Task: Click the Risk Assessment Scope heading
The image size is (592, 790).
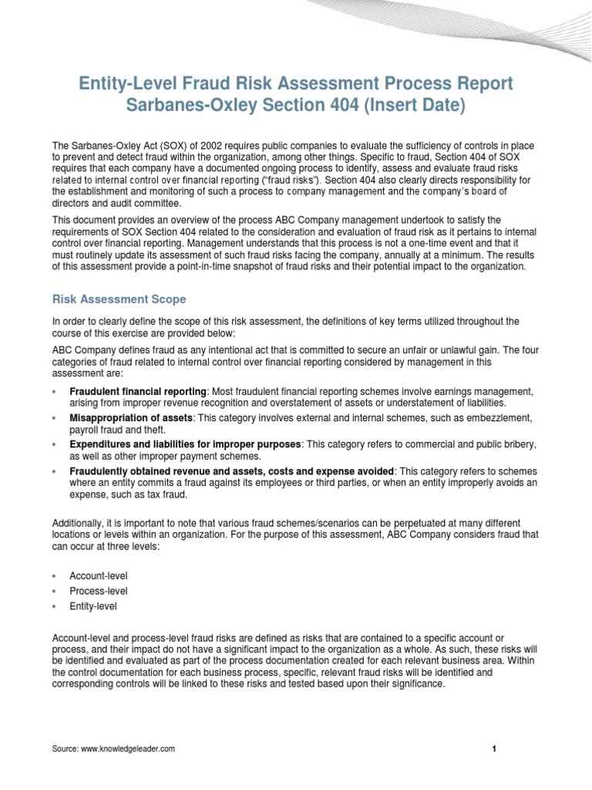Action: coord(119,299)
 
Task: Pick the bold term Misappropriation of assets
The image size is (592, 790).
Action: coord(129,417)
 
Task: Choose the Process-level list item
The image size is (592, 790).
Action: coord(98,591)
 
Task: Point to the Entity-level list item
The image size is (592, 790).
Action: coord(94,606)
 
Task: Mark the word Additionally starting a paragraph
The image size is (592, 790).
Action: coord(79,523)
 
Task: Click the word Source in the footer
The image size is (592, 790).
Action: coord(64,749)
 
